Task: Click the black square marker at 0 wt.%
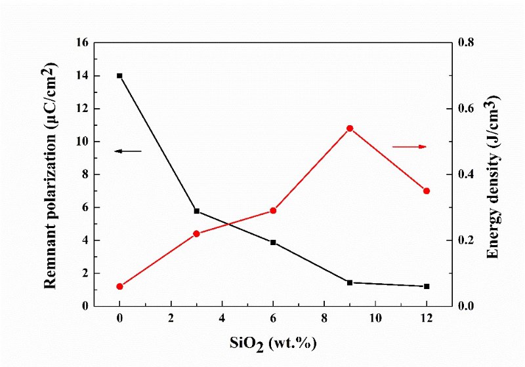coord(119,76)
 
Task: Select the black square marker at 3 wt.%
coord(197,211)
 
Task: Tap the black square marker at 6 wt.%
coord(273,242)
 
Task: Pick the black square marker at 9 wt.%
coord(350,282)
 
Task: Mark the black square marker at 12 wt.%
coord(427,286)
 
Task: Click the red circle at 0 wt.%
coord(119,286)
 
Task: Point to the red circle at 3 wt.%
coord(196,234)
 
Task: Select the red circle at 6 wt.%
coord(273,210)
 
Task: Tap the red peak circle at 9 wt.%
coord(350,128)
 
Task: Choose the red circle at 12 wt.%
coord(427,191)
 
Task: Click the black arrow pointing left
coord(128,151)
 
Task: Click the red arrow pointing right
coord(409,146)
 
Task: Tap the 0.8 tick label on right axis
coord(466,43)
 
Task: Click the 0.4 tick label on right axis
coord(466,174)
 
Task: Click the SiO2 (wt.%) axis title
coord(273,343)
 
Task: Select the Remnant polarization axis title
coord(51,175)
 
